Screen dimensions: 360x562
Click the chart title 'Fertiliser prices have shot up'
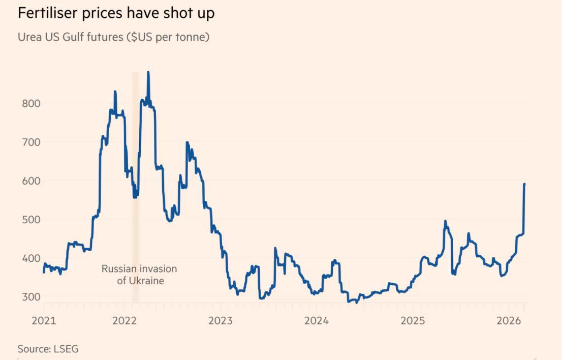tap(116, 13)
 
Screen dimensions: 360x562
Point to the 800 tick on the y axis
tap(30, 103)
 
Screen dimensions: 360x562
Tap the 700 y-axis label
tap(30, 142)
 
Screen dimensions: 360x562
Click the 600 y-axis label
tap(30, 181)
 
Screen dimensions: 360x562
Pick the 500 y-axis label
tap(30, 219)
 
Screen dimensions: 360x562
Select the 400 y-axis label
tap(30, 258)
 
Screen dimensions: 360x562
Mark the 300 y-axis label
tap(30, 296)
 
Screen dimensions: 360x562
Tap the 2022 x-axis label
tap(125, 320)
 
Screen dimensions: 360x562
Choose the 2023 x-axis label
tap(221, 320)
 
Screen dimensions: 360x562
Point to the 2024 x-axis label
tap(316, 320)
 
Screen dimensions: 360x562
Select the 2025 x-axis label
tap(412, 320)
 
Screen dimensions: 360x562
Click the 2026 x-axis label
tap(508, 320)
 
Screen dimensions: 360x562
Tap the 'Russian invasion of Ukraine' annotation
tap(139, 275)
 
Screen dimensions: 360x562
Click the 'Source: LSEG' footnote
tap(48, 349)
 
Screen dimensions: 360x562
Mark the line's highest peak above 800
tap(148, 72)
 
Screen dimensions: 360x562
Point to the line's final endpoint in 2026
tap(524, 184)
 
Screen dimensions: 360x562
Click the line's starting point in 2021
tap(44, 272)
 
